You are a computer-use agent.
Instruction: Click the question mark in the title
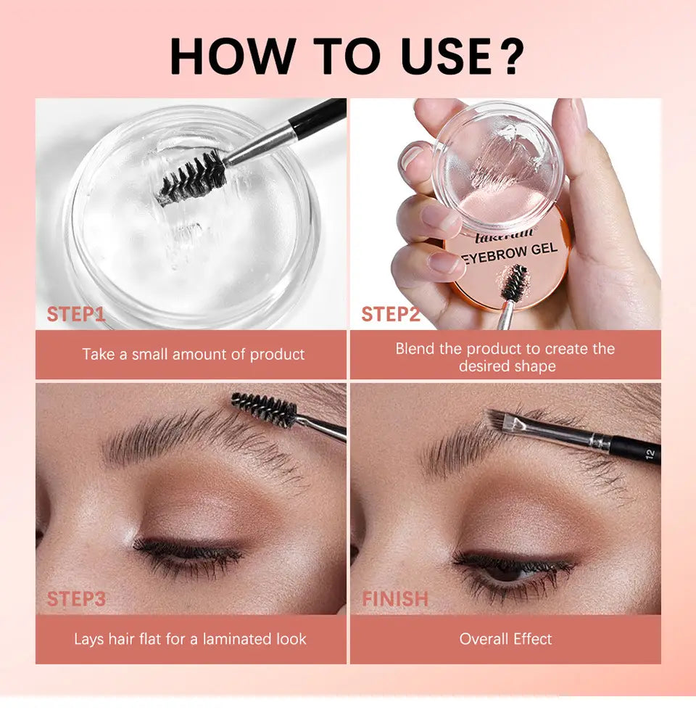[510, 56]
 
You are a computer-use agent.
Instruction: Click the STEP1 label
[76, 314]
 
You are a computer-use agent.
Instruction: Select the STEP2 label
[391, 314]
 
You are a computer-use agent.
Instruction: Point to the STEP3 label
[76, 599]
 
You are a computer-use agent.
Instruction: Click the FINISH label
[395, 599]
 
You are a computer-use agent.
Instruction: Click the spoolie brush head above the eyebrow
[264, 409]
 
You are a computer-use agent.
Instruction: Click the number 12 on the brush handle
[650, 454]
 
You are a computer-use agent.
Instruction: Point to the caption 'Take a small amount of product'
[194, 354]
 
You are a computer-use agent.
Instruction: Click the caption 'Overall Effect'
[505, 639]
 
